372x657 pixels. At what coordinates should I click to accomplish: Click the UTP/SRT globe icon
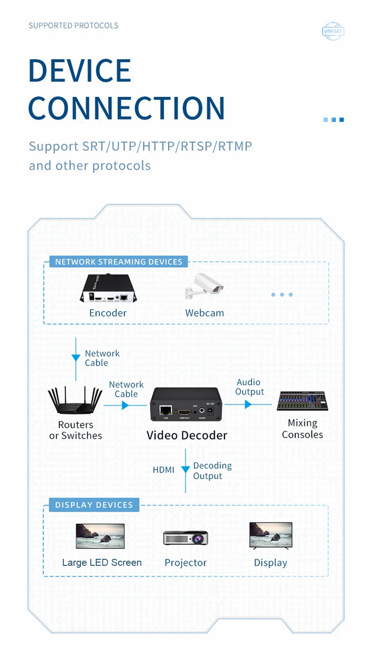point(333,31)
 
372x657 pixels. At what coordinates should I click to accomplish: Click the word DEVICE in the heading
point(80,71)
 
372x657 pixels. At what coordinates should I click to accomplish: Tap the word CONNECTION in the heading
point(126,107)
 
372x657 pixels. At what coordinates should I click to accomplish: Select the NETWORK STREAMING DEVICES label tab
point(119,261)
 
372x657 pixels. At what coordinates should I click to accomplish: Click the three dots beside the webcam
point(282,295)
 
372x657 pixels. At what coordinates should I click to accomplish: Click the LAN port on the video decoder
point(165,410)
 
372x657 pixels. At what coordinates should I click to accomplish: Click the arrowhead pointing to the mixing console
point(248,404)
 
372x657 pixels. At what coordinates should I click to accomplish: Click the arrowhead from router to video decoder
point(125,405)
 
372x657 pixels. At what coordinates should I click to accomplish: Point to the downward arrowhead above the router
point(75,358)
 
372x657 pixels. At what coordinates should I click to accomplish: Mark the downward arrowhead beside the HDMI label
point(186,470)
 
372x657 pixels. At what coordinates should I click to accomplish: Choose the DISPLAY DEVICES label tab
point(94,505)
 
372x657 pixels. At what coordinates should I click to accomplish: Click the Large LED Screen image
point(100,536)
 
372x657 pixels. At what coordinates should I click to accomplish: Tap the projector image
point(186,538)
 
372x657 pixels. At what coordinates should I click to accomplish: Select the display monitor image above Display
point(271,536)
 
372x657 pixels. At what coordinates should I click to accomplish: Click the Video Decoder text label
point(187,436)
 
